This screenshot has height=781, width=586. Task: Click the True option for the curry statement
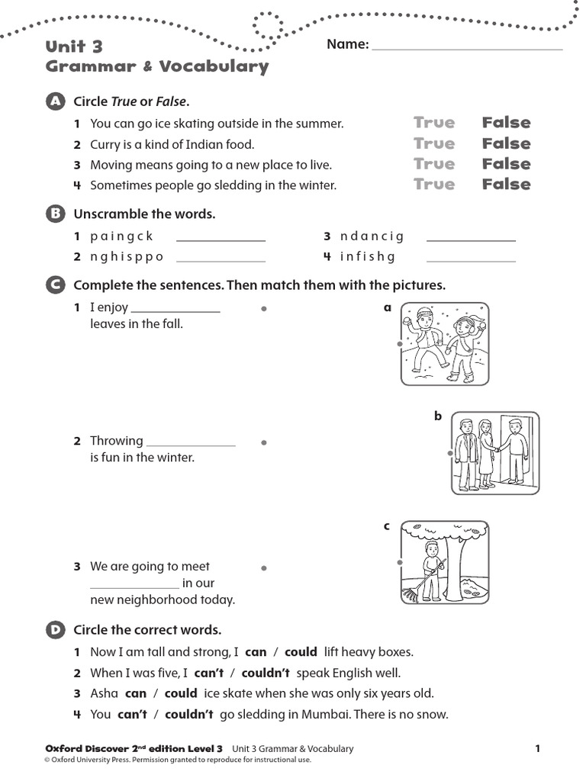tap(433, 143)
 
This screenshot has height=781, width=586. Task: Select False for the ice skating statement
tap(506, 123)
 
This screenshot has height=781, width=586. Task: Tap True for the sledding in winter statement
tap(433, 185)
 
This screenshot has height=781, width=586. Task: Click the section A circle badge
tap(54, 101)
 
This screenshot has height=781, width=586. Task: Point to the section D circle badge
tap(54, 629)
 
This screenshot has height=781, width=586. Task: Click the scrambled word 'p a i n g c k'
tap(121, 236)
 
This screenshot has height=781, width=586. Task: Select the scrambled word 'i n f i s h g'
tap(368, 257)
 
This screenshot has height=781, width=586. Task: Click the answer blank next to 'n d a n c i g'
tap(471, 236)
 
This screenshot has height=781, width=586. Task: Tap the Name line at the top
tap(467, 45)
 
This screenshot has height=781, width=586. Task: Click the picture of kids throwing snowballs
tap(444, 343)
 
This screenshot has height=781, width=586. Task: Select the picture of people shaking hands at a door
tap(494, 453)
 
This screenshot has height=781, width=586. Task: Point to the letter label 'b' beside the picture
tap(438, 416)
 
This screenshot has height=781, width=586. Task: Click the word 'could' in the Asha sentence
tap(181, 693)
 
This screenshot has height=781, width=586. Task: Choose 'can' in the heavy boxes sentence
tap(256, 652)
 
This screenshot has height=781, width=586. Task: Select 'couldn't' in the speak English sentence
tap(266, 673)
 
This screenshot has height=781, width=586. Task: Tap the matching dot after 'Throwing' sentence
tap(263, 442)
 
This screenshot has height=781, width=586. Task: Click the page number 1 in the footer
tap(537, 749)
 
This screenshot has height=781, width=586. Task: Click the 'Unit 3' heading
tap(74, 47)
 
